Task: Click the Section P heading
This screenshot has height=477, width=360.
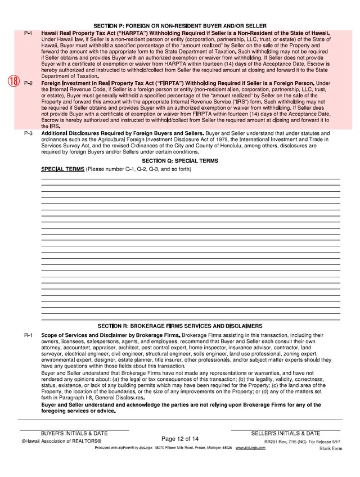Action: (180, 26)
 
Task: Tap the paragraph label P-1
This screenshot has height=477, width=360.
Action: (28, 34)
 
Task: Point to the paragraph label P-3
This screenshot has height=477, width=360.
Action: (28, 133)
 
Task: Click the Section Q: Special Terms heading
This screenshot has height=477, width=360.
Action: (180, 161)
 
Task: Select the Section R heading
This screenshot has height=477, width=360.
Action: (180, 326)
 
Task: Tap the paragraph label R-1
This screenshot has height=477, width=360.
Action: (28, 335)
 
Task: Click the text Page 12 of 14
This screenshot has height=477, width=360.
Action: (180, 438)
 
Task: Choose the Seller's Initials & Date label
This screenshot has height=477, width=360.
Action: (285, 434)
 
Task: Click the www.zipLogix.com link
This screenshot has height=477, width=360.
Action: (250, 448)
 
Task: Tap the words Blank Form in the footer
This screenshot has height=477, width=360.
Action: (331, 449)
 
